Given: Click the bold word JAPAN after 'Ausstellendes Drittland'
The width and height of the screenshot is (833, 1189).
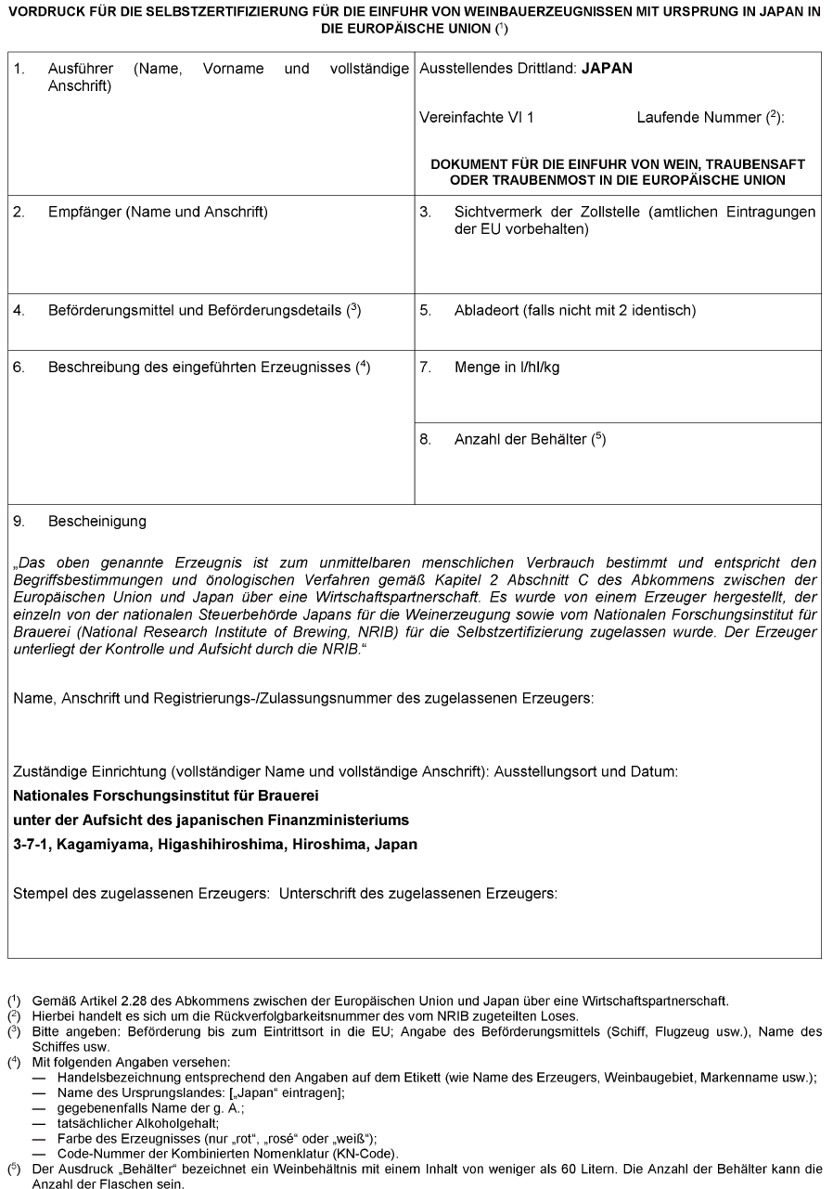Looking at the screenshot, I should click(x=607, y=70).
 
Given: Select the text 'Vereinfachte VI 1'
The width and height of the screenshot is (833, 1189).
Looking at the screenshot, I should click(x=477, y=118).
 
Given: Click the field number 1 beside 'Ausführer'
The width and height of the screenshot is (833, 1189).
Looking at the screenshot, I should click(x=18, y=70).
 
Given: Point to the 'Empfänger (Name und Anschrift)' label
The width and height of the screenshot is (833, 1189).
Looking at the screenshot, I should click(x=158, y=212).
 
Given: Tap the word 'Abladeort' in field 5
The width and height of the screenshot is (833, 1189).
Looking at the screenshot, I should click(x=484, y=310).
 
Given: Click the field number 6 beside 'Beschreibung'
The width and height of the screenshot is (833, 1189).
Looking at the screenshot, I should click(x=18, y=367).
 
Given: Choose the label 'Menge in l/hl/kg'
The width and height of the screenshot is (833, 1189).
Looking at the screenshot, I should click(x=506, y=367).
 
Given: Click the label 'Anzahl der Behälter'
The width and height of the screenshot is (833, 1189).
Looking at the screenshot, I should click(x=520, y=439).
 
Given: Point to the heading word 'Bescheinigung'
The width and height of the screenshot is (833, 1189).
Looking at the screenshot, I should click(x=97, y=521).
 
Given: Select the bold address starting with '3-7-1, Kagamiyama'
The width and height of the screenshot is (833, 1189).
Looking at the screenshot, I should click(x=215, y=844).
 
